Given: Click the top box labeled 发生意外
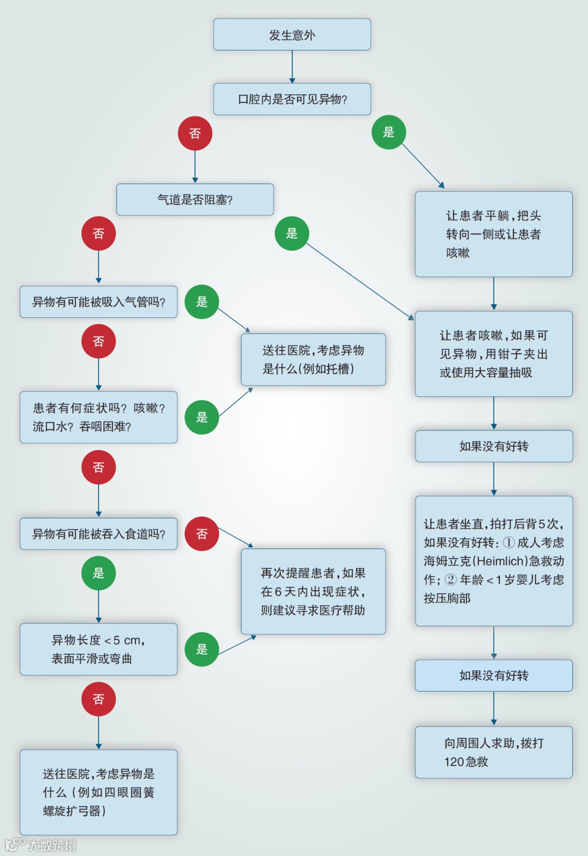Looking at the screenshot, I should pyautogui.click(x=292, y=35).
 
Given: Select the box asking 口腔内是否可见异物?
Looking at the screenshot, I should pyautogui.click(x=292, y=99).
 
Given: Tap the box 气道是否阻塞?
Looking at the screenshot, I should pyautogui.click(x=195, y=200).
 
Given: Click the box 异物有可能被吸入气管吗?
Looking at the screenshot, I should pyautogui.click(x=99, y=302).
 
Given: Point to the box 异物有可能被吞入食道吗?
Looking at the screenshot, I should pyautogui.click(x=99, y=534).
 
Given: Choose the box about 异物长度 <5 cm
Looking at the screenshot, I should pyautogui.click(x=99, y=649).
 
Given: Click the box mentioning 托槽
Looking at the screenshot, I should pyautogui.click(x=313, y=360).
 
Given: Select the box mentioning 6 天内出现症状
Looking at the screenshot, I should pyautogui.click(x=313, y=592).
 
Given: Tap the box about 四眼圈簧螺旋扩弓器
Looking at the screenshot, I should pyautogui.click(x=99, y=792).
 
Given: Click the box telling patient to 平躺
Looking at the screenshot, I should pyautogui.click(x=493, y=234).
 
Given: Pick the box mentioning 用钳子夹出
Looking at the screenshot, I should pyautogui.click(x=493, y=354).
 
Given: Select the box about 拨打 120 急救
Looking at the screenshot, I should pyautogui.click(x=493, y=752).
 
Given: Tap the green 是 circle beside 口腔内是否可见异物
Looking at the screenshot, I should pyautogui.click(x=389, y=132).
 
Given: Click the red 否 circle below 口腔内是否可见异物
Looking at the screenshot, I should pyautogui.click(x=195, y=133).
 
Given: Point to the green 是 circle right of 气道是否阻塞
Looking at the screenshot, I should pyautogui.click(x=292, y=233).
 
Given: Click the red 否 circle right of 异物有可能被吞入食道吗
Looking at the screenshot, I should pyautogui.click(x=202, y=534).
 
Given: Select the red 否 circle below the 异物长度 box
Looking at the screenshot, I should pyautogui.click(x=99, y=699).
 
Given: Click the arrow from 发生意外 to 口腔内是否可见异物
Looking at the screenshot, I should pyautogui.click(x=292, y=66).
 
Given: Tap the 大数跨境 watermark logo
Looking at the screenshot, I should pyautogui.click(x=41, y=845).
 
